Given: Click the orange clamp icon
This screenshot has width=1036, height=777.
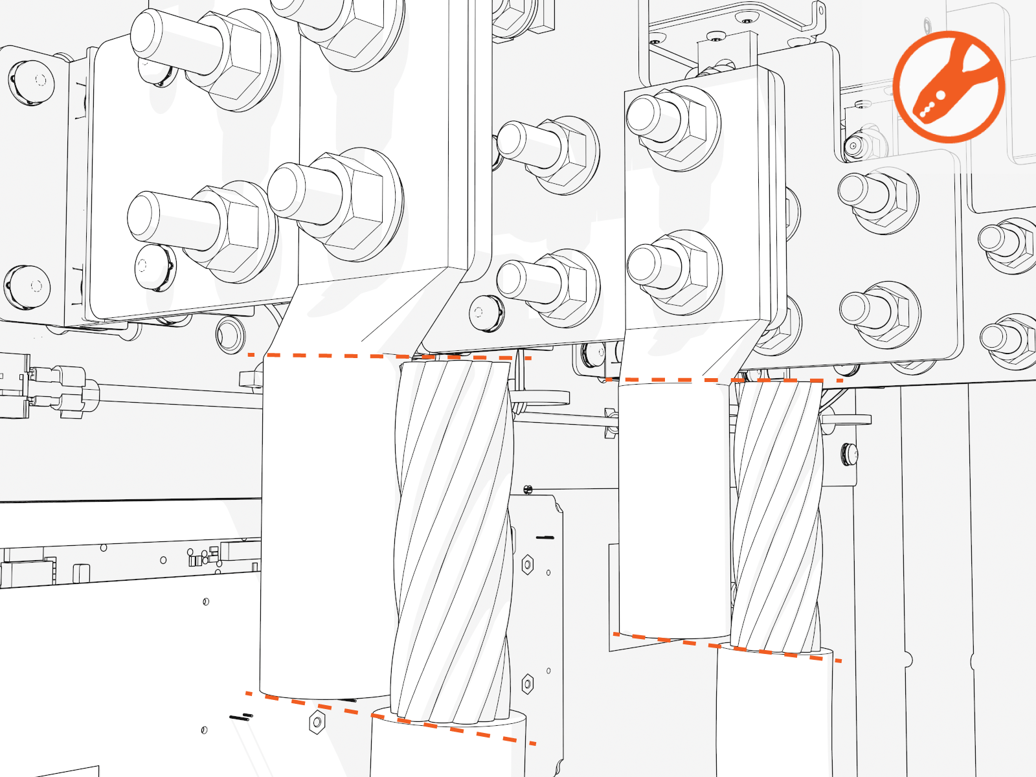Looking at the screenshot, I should point(949,87).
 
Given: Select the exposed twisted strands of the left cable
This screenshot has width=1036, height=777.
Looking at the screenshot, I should point(453,537).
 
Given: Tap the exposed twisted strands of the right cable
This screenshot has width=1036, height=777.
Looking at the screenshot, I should point(777,512).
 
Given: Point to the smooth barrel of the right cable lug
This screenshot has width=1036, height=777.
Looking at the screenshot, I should point(673,505).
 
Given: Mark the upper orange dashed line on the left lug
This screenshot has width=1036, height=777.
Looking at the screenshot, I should point(388,355).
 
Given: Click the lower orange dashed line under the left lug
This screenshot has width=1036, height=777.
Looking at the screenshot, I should point(388,717).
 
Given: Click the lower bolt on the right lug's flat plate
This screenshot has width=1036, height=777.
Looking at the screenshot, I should point(673,272).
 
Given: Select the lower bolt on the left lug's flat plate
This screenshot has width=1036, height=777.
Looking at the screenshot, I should point(337,204).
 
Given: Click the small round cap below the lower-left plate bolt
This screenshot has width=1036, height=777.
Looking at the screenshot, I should point(154,266).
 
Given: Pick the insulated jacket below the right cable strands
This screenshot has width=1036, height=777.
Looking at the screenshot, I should point(774,712).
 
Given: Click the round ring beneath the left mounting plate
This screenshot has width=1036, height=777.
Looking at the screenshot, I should point(231,335).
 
